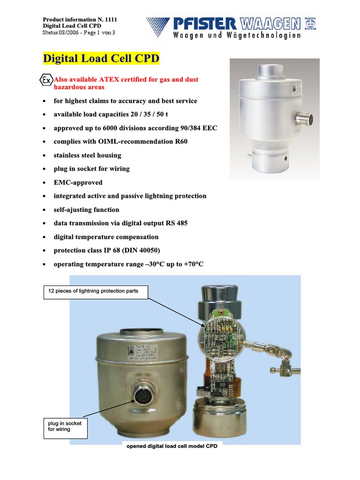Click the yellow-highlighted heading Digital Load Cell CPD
(x=101, y=59)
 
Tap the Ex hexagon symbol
(x=46, y=80)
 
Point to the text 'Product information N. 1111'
(x=80, y=19)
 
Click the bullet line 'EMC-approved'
(x=78, y=182)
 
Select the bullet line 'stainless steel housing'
(x=87, y=155)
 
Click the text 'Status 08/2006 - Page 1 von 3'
(x=79, y=32)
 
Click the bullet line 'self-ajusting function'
(x=86, y=210)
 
